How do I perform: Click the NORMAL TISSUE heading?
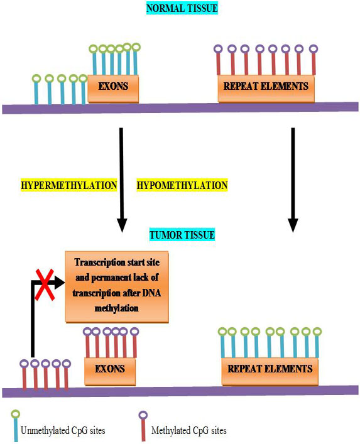coord(182,8)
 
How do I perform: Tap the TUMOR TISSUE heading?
coord(182,235)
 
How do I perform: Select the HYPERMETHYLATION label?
coord(69,185)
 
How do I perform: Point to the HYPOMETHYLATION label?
coord(182,185)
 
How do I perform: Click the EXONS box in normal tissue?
coord(113,89)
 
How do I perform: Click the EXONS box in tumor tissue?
coord(110,371)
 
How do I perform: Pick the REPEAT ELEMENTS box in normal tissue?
coord(266,89)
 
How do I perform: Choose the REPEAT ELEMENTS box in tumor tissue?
coord(270,371)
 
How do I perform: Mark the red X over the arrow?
coord(45,284)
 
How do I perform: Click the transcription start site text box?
coord(117,286)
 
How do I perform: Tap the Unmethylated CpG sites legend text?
coord(63,431)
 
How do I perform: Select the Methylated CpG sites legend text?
coord(189,431)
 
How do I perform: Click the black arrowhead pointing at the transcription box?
coord(59,283)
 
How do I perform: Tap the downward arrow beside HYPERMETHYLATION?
coord(121,180)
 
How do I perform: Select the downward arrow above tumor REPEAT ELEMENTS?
coord(293,180)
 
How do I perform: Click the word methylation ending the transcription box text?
coord(116,308)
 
